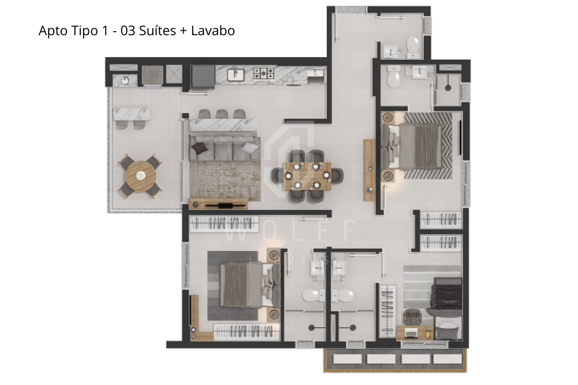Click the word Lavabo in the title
pyautogui.click(x=213, y=31)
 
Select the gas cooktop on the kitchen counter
pyautogui.click(x=264, y=74)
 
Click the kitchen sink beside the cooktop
pyautogui.click(x=235, y=74)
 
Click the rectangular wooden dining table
pyautogui.click(x=307, y=176)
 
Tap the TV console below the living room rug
pyautogui.click(x=219, y=204)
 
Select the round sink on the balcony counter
pyautogui.click(x=124, y=80)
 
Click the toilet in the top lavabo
pyautogui.click(x=413, y=46)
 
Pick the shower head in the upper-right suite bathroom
pyautogui.click(x=449, y=86)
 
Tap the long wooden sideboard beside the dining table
pyautogui.click(x=369, y=170)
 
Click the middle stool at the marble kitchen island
pyautogui.click(x=221, y=114)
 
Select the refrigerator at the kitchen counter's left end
pyautogui.click(x=202, y=76)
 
